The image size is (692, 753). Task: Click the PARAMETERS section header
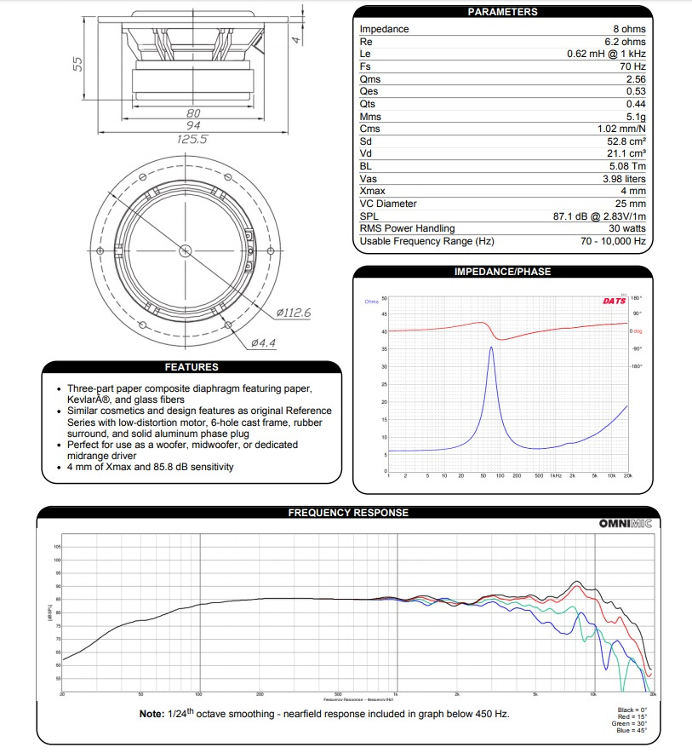point(502,12)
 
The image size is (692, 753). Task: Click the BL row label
point(366,166)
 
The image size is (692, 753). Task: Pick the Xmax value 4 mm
point(633,192)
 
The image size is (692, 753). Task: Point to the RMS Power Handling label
point(407,228)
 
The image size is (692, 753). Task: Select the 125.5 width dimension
point(191,139)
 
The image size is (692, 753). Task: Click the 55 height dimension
point(77,64)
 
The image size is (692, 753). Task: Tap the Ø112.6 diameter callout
point(294,313)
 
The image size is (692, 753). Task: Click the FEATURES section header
point(192,367)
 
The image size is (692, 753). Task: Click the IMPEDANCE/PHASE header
point(502,272)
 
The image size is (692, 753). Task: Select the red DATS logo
point(615,300)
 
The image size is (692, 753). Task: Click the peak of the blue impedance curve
point(491,348)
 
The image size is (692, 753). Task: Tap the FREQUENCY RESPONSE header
point(348,513)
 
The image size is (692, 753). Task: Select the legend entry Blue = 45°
point(632,731)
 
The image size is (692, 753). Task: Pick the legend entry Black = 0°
point(632,710)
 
